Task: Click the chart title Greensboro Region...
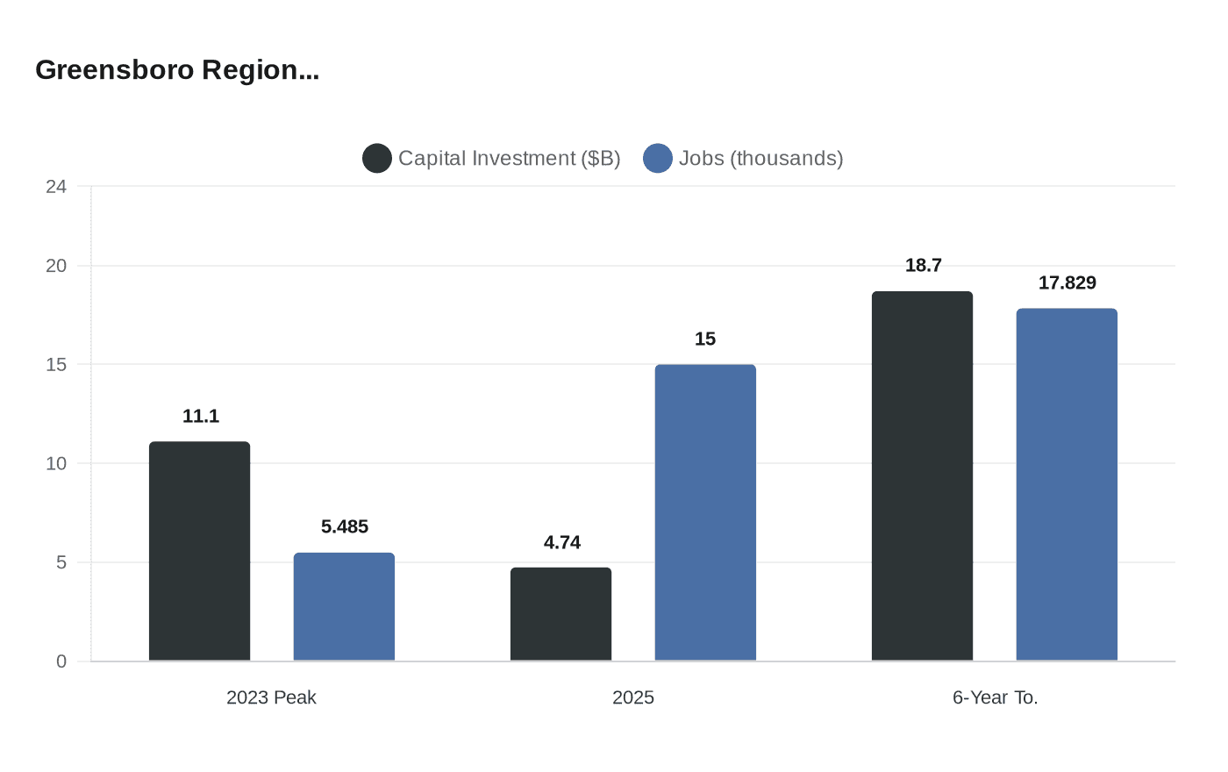point(176,69)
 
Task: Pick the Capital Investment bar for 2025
point(560,614)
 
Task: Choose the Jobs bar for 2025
point(705,512)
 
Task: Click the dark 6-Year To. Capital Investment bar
point(922,475)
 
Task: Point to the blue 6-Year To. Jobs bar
point(1067,484)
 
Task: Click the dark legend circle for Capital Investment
point(377,158)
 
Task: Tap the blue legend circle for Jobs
point(658,158)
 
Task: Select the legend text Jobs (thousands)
point(760,158)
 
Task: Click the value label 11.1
point(201,416)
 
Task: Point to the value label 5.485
point(345,526)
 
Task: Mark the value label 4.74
point(562,542)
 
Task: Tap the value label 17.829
point(1067,282)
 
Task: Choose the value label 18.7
point(924,265)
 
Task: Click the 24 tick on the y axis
point(56,186)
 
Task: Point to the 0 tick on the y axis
point(61,661)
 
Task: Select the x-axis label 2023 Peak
point(271,697)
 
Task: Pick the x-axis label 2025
point(633,697)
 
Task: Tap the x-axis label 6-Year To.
point(996,697)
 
